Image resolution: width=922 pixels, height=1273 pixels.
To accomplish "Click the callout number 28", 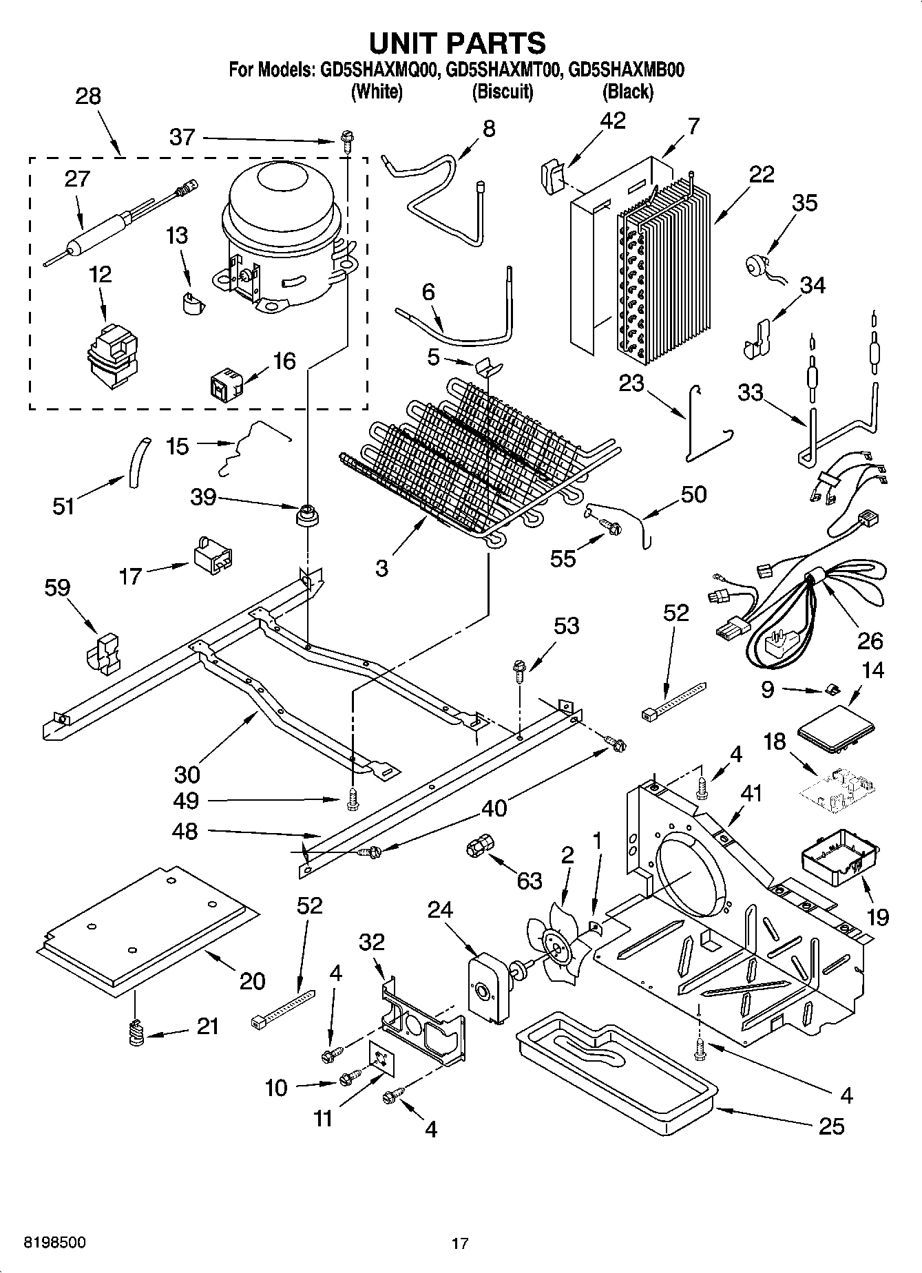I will [x=88, y=96].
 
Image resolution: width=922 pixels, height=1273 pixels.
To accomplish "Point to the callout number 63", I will [x=529, y=881].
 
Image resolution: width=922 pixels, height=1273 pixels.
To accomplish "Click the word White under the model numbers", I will [x=376, y=91].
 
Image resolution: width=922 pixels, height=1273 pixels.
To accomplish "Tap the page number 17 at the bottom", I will [x=460, y=1243].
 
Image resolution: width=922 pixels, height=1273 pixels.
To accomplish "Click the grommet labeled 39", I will [x=305, y=515].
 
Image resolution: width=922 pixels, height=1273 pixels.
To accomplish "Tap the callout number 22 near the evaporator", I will [x=762, y=174].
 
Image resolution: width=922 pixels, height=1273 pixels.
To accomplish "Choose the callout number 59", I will [x=57, y=588].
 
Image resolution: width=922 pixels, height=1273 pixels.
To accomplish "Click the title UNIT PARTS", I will [x=457, y=43].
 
